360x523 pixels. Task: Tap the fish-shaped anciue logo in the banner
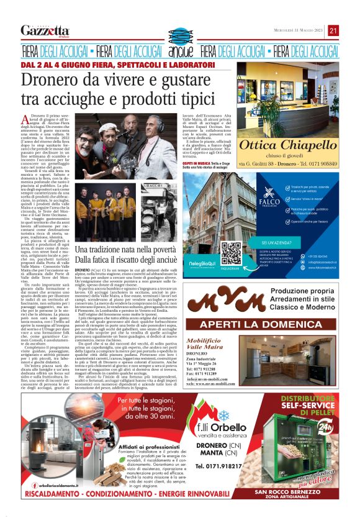point(180,50)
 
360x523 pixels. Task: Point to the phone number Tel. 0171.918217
point(220,465)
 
